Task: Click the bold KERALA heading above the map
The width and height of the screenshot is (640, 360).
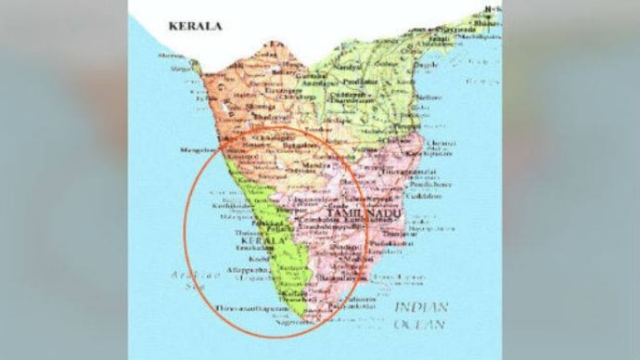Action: [196, 27]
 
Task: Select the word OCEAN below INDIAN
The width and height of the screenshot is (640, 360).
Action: [421, 324]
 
